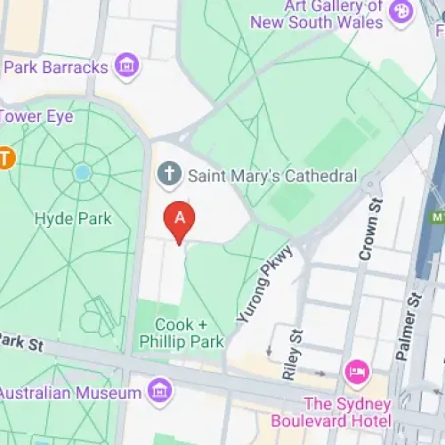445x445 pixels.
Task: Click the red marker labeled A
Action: pos(180,218)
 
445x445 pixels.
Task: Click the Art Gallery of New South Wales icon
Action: pos(402,12)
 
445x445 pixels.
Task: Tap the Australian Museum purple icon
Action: pos(160,390)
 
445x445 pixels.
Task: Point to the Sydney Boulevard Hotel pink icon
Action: pos(357,369)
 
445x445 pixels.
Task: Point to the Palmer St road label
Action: pos(410,329)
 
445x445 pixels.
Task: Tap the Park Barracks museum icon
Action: pos(127,67)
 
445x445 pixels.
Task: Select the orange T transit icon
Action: pos(6,158)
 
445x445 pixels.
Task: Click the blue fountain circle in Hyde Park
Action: pos(83,173)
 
